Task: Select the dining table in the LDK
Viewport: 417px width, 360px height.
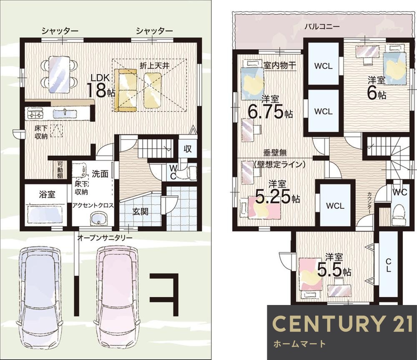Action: pyautogui.click(x=59, y=74)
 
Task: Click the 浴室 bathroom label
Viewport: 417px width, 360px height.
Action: pyautogui.click(x=47, y=195)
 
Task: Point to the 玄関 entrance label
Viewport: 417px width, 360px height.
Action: pyautogui.click(x=140, y=211)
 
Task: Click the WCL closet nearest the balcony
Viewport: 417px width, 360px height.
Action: pyautogui.click(x=323, y=66)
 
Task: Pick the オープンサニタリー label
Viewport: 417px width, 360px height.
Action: pyautogui.click(x=105, y=238)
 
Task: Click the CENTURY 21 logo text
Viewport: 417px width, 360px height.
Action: pyautogui.click(x=342, y=324)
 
